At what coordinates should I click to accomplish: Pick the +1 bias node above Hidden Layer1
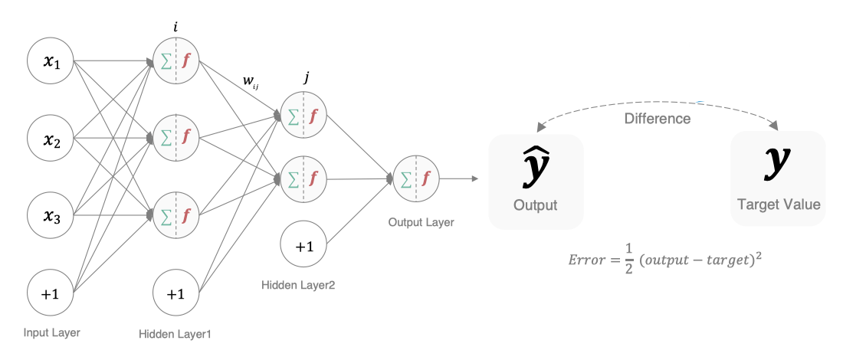click(x=175, y=293)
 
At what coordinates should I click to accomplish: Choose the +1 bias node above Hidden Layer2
click(x=304, y=247)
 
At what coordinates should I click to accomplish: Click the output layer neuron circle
click(x=415, y=179)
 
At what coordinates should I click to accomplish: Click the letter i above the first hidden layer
click(x=176, y=28)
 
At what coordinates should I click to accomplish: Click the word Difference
click(x=658, y=119)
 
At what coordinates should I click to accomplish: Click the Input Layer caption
click(x=53, y=332)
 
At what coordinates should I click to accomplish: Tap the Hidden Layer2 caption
click(x=298, y=285)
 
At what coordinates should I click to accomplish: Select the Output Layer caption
click(x=421, y=222)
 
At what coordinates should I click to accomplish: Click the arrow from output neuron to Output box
click(x=460, y=179)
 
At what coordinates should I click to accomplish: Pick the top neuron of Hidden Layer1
click(x=176, y=61)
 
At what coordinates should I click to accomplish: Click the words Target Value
click(x=779, y=205)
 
